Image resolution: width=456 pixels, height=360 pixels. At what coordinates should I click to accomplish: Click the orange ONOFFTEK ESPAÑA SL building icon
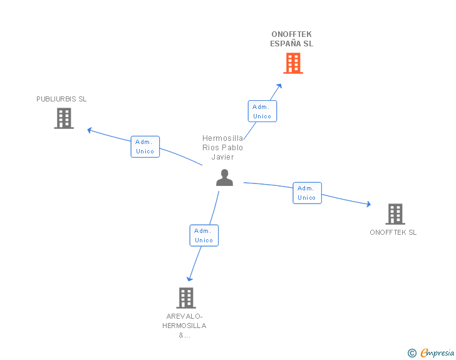[293, 63]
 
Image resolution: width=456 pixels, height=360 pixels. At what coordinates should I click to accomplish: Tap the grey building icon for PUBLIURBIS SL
[64, 118]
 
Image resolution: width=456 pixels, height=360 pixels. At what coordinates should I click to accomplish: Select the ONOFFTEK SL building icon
[395, 214]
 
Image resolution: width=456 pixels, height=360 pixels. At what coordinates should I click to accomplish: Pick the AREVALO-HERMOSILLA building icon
[186, 298]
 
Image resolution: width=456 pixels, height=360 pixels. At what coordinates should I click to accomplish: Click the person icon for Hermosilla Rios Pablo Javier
[224, 177]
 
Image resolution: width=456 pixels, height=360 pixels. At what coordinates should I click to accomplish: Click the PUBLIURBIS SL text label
[61, 99]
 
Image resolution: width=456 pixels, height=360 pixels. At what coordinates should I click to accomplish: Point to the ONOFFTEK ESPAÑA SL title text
[291, 39]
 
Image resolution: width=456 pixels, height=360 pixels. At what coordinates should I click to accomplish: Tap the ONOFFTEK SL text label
[393, 232]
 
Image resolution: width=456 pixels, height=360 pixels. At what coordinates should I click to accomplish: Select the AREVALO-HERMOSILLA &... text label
[184, 326]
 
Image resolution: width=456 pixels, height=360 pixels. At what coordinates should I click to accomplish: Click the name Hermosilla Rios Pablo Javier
[222, 147]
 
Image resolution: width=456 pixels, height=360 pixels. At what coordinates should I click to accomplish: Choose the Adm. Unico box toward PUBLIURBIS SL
[145, 147]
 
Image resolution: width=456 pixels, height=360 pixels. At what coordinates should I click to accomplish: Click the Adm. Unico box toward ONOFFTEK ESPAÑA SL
[262, 111]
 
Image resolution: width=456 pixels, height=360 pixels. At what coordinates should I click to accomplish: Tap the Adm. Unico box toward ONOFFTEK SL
[307, 193]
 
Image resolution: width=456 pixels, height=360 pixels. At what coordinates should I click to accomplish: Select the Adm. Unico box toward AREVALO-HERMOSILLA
[204, 235]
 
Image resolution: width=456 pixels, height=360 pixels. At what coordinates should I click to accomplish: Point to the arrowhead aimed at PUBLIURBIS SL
[90, 130]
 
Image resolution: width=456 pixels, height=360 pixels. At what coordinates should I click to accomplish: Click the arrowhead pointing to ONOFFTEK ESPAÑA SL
[279, 86]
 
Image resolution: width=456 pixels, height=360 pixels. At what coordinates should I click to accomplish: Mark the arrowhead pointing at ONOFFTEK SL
[369, 204]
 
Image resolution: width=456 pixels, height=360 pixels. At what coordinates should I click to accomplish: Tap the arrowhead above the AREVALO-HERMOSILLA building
[190, 279]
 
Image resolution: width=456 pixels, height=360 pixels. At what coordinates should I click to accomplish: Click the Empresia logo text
[437, 352]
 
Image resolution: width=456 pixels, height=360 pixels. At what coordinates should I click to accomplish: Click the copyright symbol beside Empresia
[412, 353]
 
